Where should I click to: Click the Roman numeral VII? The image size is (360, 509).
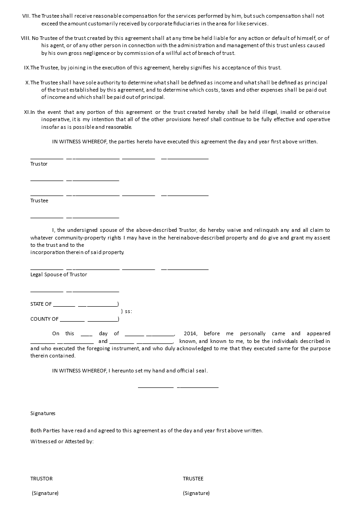(x=26, y=16)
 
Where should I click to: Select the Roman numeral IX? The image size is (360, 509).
(x=26, y=68)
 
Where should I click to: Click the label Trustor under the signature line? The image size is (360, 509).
(x=39, y=164)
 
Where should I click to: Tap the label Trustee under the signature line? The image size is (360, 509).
(x=39, y=201)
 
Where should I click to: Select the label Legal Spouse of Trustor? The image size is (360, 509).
(x=59, y=274)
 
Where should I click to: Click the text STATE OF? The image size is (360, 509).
(x=41, y=304)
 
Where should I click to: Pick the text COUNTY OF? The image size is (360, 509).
(x=44, y=319)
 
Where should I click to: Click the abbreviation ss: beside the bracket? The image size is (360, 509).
(x=128, y=312)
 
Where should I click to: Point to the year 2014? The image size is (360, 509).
(x=190, y=333)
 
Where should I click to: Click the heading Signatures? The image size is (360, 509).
(x=43, y=413)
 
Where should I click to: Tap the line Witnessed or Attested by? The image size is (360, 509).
(x=62, y=441)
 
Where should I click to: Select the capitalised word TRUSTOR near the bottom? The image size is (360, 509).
(x=41, y=479)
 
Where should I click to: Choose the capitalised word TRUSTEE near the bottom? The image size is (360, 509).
(x=193, y=479)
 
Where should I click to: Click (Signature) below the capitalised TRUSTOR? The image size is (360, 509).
(x=45, y=493)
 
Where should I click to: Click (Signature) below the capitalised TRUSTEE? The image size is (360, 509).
(x=196, y=493)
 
